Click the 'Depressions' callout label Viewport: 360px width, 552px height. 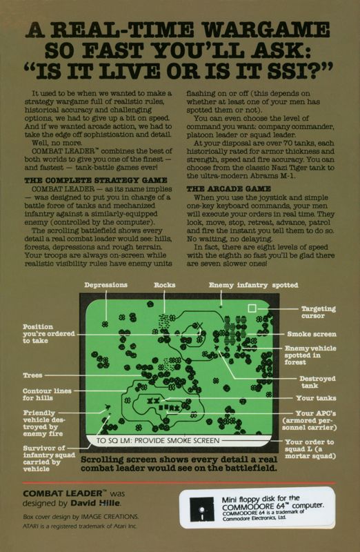[x=106, y=285]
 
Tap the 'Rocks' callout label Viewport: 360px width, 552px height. [x=164, y=285]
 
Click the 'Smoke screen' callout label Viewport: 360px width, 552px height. [x=311, y=333]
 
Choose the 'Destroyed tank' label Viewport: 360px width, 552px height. [x=317, y=382]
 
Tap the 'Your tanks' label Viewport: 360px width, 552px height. [x=314, y=398]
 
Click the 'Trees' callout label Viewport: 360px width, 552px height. [x=33, y=376]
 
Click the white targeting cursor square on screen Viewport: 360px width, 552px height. [x=252, y=308]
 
